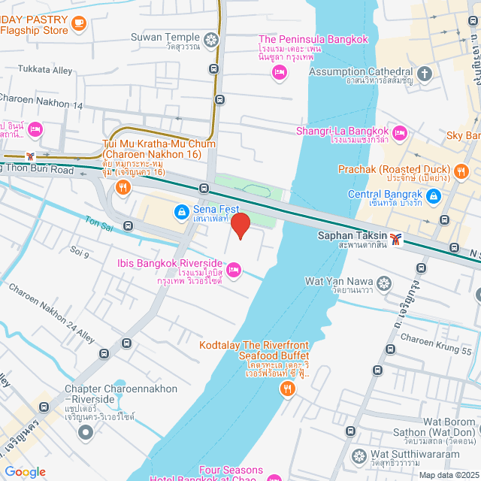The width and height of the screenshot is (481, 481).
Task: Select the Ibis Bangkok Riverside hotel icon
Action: click(234, 268)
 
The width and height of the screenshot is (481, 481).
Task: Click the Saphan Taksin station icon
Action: click(396, 240)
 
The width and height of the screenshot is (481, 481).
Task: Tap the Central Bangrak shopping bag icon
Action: click(433, 197)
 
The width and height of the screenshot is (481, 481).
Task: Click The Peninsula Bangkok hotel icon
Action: click(280, 72)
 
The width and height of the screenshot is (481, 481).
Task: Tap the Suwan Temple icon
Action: click(213, 38)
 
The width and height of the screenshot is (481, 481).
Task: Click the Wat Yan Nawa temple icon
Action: click(384, 283)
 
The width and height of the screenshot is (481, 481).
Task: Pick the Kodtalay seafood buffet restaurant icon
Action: click(287, 389)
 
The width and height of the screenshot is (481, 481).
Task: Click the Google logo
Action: click(25, 471)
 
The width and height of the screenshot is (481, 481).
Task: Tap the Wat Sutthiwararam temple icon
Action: click(358, 455)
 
